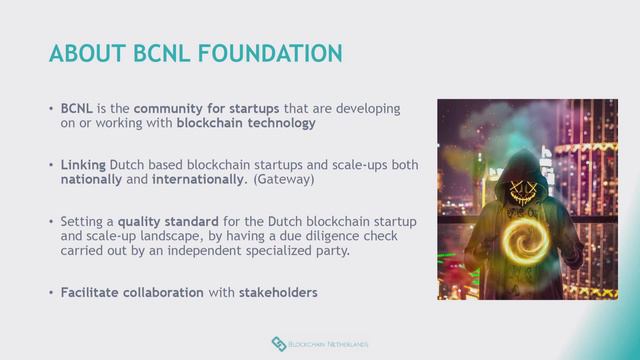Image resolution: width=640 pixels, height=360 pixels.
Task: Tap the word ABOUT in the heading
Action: coord(83,52)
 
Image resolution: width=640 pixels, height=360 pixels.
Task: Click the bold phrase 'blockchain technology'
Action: coord(246,123)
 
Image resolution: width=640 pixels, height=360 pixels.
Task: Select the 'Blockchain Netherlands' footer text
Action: coord(329,345)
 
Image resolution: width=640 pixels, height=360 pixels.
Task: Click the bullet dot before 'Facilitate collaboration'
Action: coord(51,293)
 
